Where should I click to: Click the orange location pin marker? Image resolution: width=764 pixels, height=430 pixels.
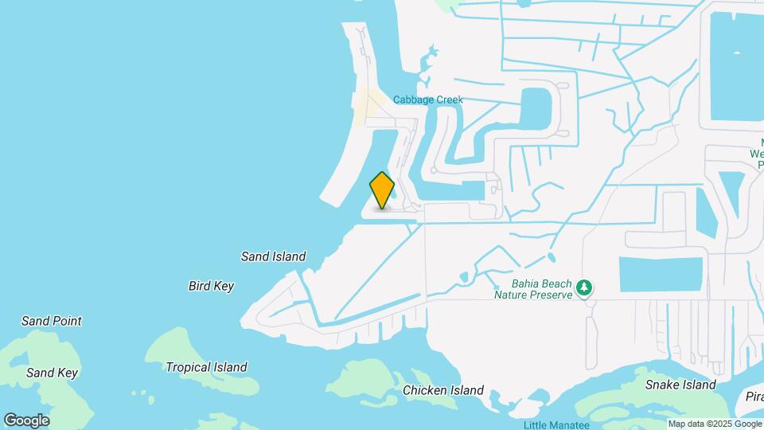(x=382, y=190)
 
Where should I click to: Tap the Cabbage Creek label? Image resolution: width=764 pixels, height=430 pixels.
(x=427, y=100)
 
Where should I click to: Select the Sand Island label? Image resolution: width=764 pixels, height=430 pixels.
(x=274, y=256)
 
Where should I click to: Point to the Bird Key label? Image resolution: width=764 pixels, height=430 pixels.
(x=211, y=286)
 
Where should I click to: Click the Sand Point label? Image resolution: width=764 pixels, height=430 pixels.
(x=51, y=321)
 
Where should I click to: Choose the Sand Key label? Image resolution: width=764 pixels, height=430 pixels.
(x=52, y=373)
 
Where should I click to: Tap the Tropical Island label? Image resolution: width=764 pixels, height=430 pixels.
(x=206, y=367)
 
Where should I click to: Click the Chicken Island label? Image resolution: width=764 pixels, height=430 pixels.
(x=442, y=390)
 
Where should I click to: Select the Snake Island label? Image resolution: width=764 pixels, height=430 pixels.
(x=680, y=385)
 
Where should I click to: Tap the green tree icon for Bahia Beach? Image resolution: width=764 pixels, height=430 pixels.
(x=586, y=287)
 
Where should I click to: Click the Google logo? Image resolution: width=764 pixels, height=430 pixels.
(x=26, y=420)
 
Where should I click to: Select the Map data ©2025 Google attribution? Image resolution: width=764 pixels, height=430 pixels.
(x=715, y=424)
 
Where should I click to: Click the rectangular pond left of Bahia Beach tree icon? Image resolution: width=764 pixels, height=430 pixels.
(x=661, y=274)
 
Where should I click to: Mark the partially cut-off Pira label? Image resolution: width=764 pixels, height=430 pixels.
(x=754, y=397)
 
